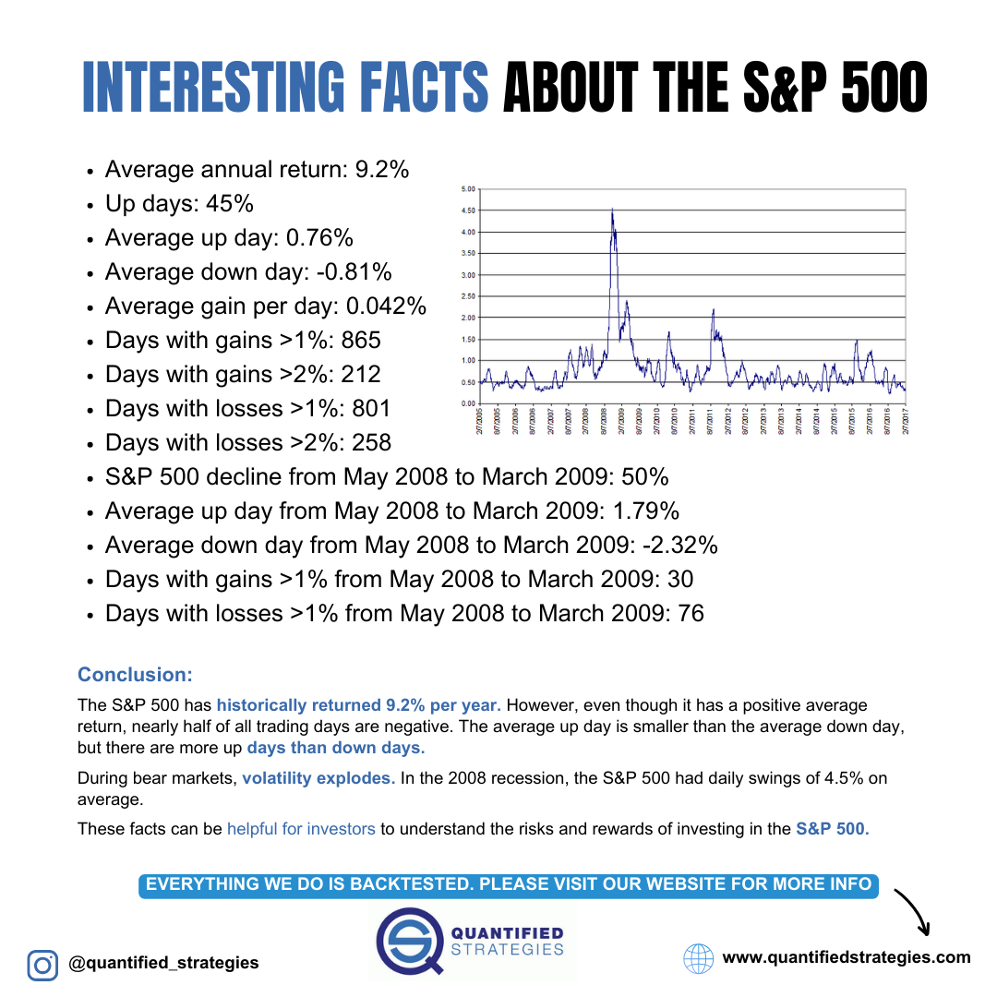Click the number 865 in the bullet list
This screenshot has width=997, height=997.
coord(361,341)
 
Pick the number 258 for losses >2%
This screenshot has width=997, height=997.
coord(371,443)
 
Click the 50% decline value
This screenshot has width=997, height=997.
coord(646,477)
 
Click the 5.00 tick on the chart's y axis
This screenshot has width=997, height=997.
coord(467,189)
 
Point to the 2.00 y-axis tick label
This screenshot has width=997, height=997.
coord(467,318)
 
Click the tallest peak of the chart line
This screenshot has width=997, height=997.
coord(612,210)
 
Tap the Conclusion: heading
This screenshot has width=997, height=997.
coord(135,675)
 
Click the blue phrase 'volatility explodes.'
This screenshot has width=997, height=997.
coord(318,778)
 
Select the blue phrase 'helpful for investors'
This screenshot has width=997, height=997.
coord(301,829)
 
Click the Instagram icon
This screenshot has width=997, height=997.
coord(42,965)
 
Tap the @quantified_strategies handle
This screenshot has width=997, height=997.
coord(163,963)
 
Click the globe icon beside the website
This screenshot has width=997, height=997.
coord(699,958)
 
